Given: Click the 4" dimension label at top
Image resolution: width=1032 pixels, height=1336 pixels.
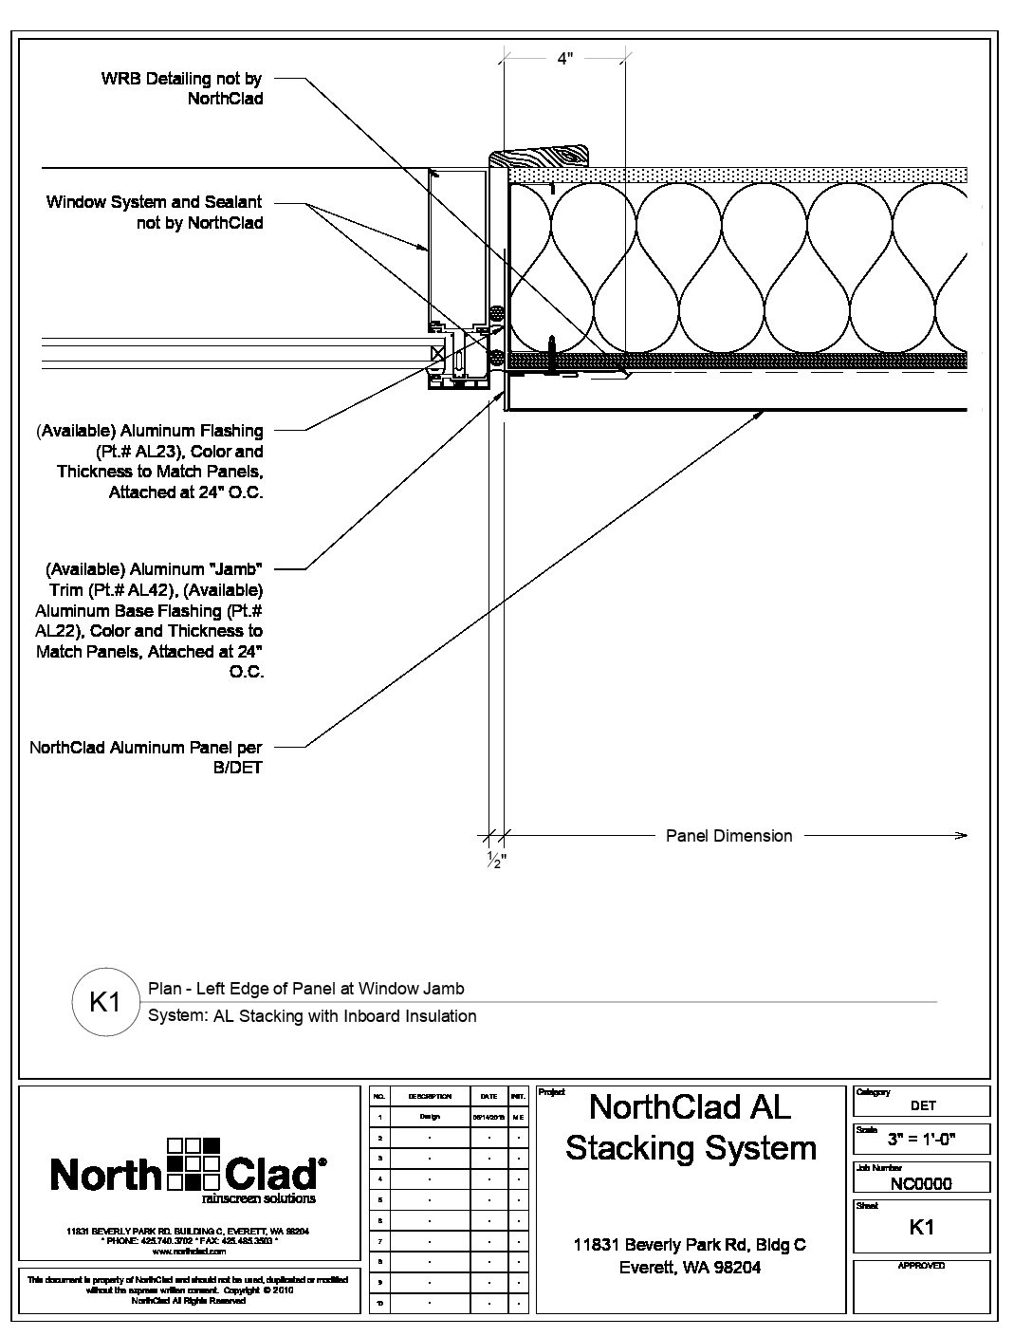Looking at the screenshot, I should click(x=565, y=59).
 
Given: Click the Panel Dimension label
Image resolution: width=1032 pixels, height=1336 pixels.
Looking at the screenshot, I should click(x=728, y=836).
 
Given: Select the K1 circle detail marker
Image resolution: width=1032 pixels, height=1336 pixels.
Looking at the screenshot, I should click(x=103, y=1002).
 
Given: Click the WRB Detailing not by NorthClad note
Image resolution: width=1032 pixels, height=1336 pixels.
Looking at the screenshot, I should click(x=182, y=88).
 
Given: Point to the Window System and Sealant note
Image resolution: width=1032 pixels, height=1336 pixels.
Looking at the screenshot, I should click(x=155, y=213).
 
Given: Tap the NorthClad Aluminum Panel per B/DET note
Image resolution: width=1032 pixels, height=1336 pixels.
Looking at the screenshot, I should click(x=146, y=757).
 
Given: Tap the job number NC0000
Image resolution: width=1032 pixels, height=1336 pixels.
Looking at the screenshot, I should click(x=920, y=1183).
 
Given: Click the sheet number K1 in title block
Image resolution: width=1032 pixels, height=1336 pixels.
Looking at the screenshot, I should click(x=921, y=1227).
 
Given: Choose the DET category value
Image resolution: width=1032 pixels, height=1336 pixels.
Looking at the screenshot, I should click(x=922, y=1104).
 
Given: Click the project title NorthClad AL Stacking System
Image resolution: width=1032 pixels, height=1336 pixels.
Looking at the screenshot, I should click(x=691, y=1127).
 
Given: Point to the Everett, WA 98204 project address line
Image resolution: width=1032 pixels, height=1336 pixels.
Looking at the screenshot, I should click(x=690, y=1268).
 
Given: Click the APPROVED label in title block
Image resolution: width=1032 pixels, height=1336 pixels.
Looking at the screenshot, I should click(x=921, y=1266).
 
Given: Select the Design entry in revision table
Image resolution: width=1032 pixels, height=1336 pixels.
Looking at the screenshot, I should click(x=430, y=1117).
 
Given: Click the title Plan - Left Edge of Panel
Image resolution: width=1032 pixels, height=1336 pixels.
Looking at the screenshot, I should click(x=306, y=989).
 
